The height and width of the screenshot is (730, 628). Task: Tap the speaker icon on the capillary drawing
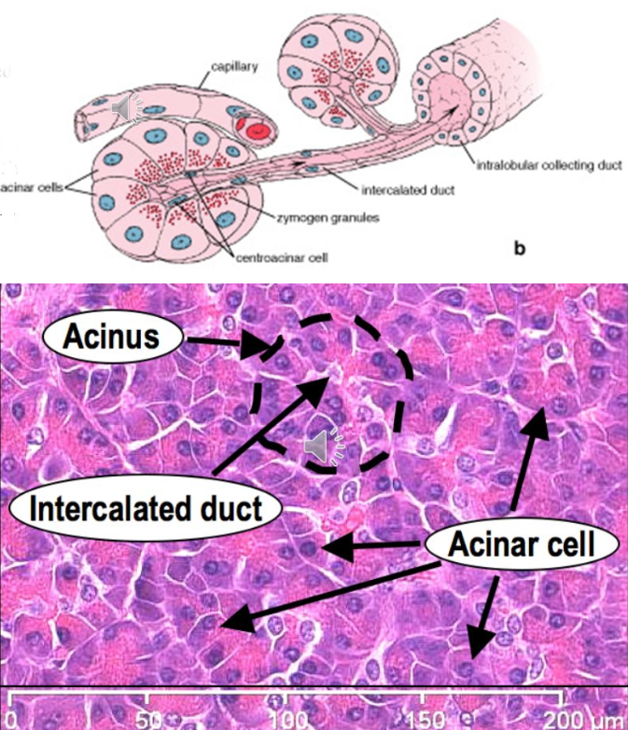point(127,109)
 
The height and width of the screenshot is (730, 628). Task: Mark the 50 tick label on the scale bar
point(148,719)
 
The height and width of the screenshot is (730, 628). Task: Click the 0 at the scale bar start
point(9,719)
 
